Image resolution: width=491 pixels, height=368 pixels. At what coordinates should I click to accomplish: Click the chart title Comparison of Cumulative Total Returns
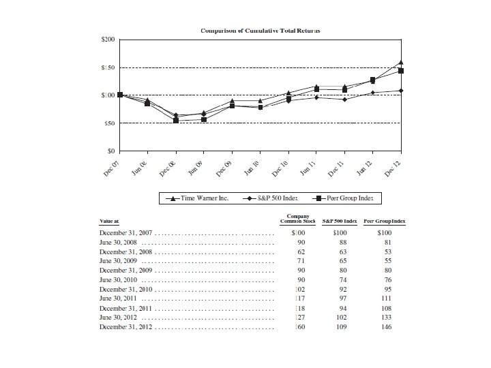click(x=261, y=31)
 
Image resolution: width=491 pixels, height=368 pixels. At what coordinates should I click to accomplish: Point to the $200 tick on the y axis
click(x=107, y=40)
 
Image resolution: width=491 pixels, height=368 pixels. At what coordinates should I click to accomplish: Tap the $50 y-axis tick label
click(x=108, y=123)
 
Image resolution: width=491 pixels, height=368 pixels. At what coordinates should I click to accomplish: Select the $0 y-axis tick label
click(x=110, y=151)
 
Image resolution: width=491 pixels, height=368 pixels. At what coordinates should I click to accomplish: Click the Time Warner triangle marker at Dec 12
click(x=401, y=63)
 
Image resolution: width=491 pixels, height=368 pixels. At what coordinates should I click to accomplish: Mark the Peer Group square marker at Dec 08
click(x=176, y=120)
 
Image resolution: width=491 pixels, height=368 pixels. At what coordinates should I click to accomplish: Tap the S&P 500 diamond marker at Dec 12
click(x=401, y=91)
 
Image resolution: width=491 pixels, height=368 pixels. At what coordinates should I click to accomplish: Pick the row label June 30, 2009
click(x=121, y=261)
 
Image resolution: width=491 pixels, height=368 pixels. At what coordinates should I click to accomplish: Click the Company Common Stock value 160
click(x=298, y=327)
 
